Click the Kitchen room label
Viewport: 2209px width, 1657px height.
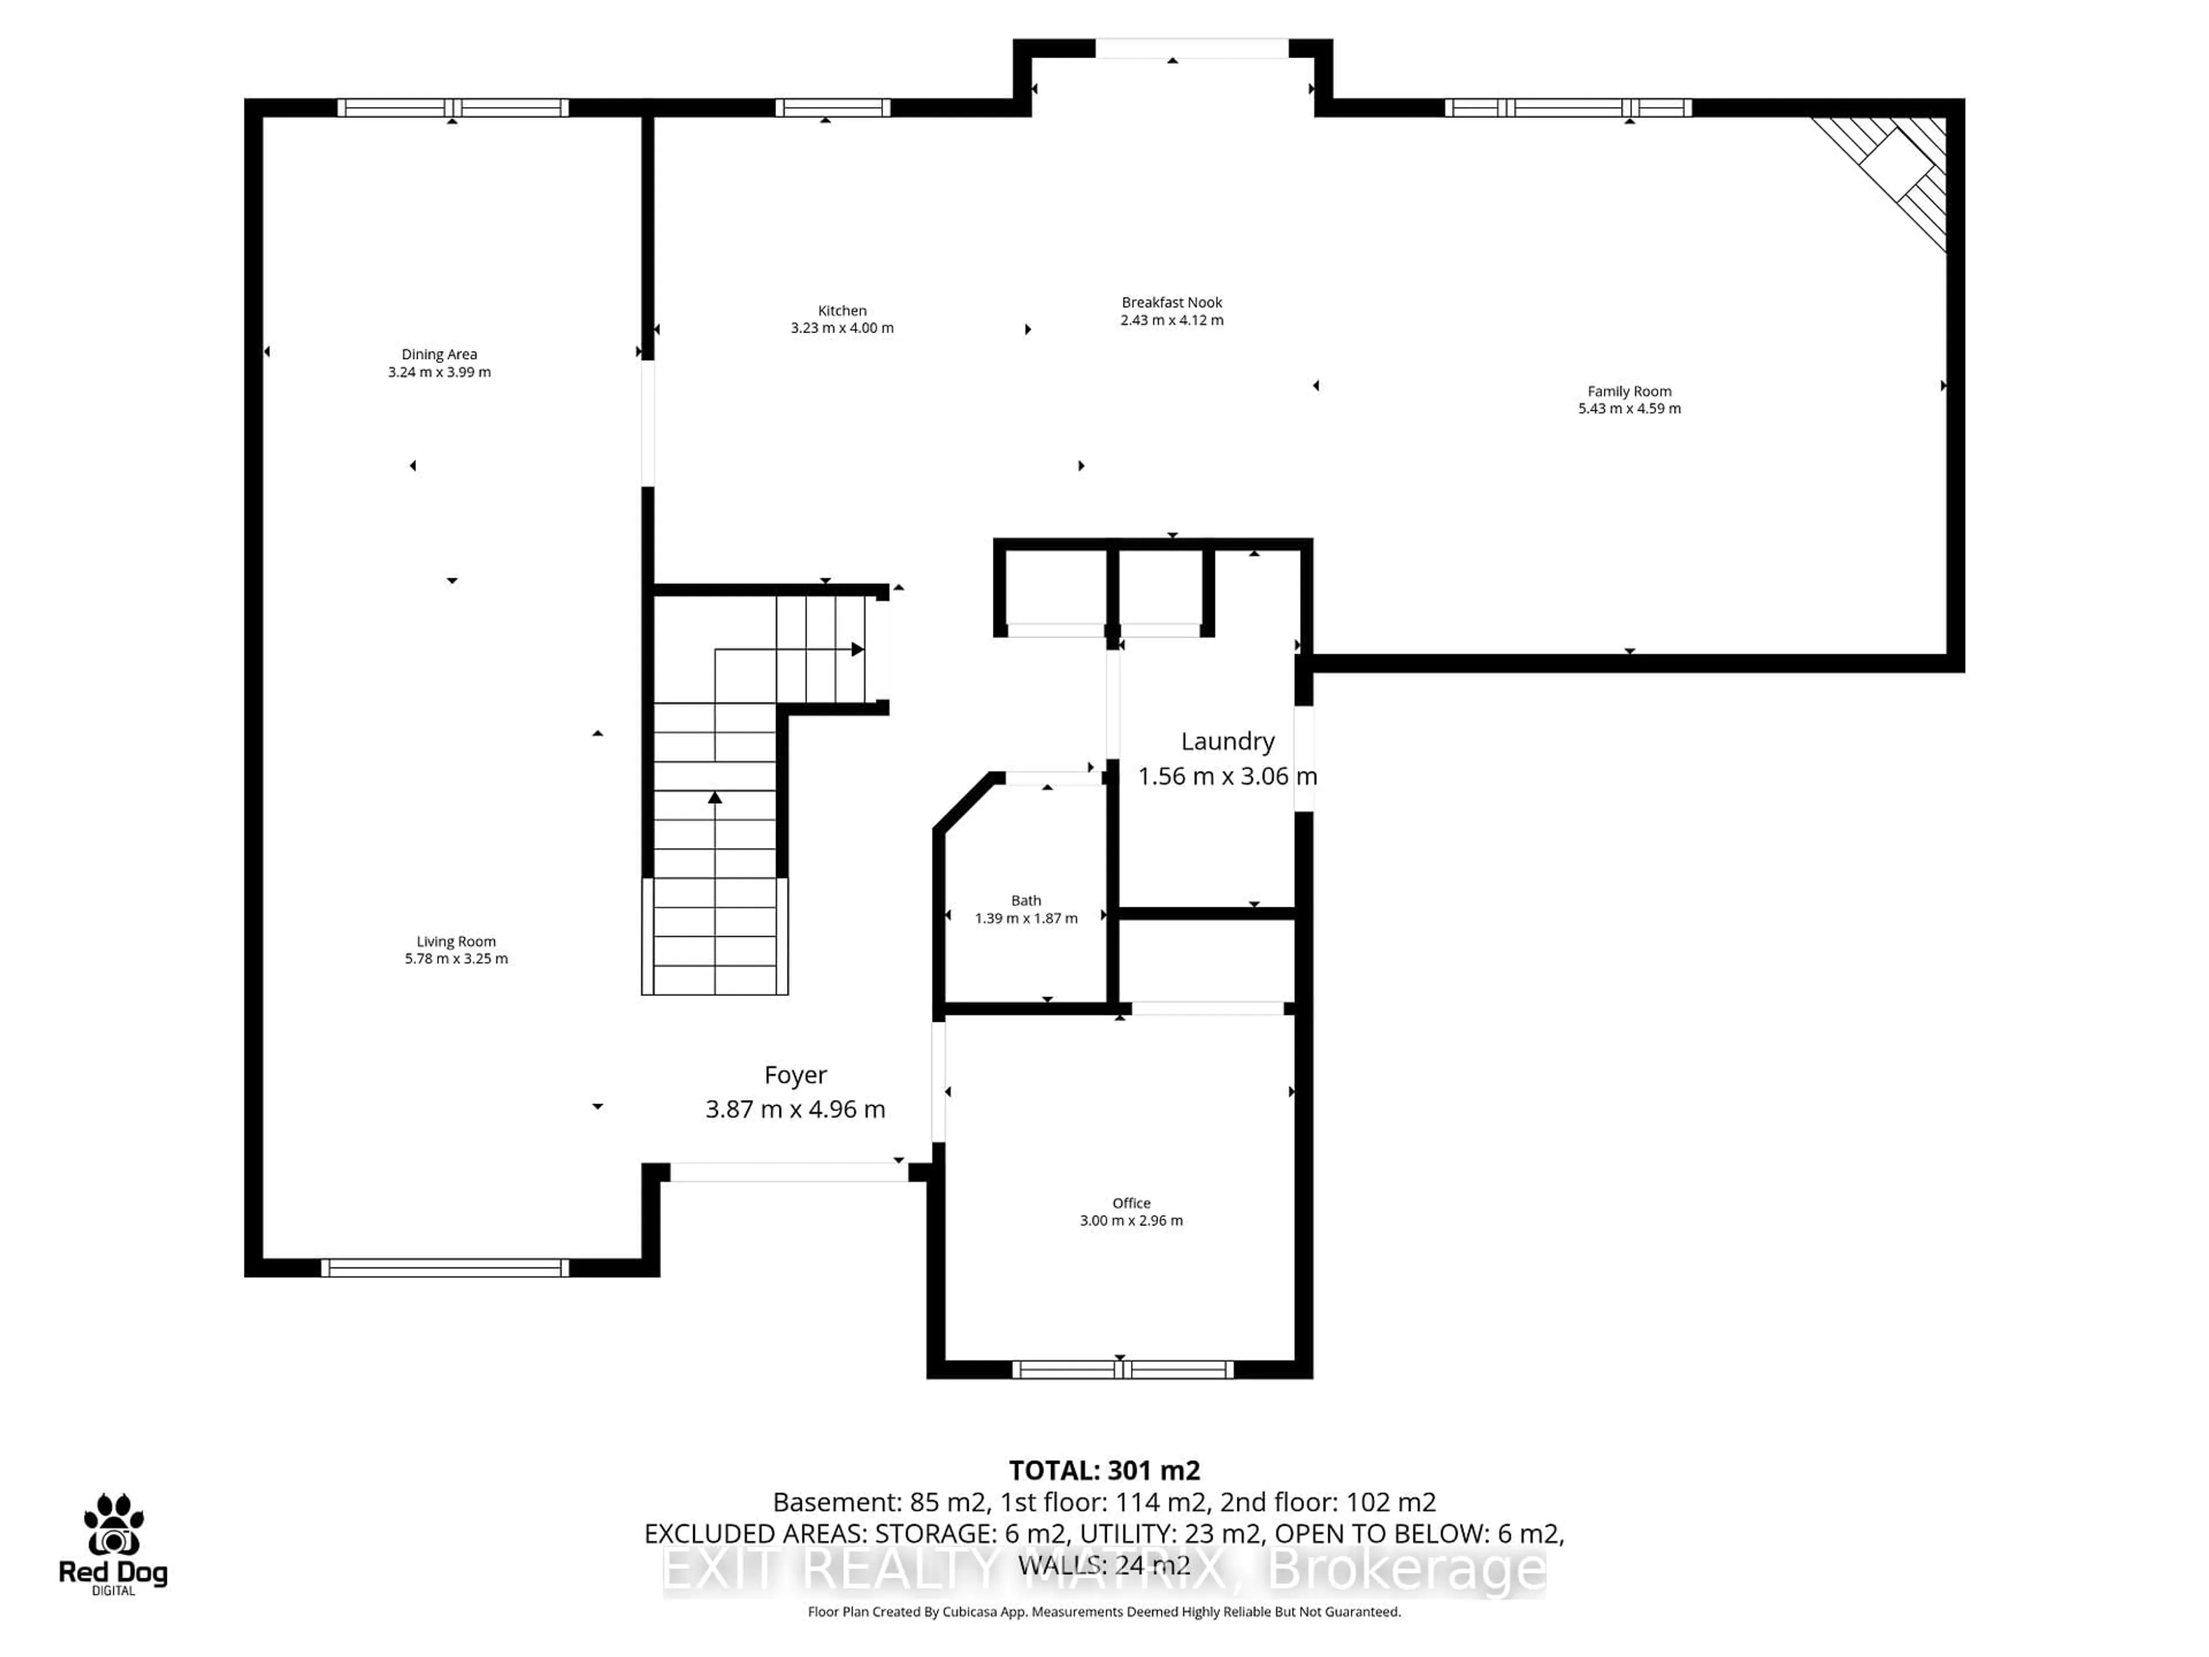tap(842, 311)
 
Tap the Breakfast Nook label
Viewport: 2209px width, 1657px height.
tap(1171, 301)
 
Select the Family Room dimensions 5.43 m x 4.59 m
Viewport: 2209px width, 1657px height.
tap(1629, 408)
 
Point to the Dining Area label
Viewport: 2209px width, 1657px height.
tap(439, 354)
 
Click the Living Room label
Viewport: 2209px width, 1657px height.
tap(456, 941)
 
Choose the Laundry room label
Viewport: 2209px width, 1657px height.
tap(1228, 741)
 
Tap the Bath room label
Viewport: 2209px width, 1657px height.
tap(1026, 900)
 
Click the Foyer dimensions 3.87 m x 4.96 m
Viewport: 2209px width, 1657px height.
tap(795, 1109)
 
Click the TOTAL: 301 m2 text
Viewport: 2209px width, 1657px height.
tap(1103, 1470)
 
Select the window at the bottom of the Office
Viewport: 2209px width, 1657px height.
tap(1122, 1369)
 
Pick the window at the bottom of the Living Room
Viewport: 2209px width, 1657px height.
tap(445, 1267)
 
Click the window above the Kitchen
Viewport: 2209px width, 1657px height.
tap(832, 108)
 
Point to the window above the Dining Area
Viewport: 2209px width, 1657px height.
tap(452, 108)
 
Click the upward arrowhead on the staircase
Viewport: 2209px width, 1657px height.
tap(715, 797)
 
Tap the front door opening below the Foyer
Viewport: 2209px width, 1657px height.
tap(789, 1173)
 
